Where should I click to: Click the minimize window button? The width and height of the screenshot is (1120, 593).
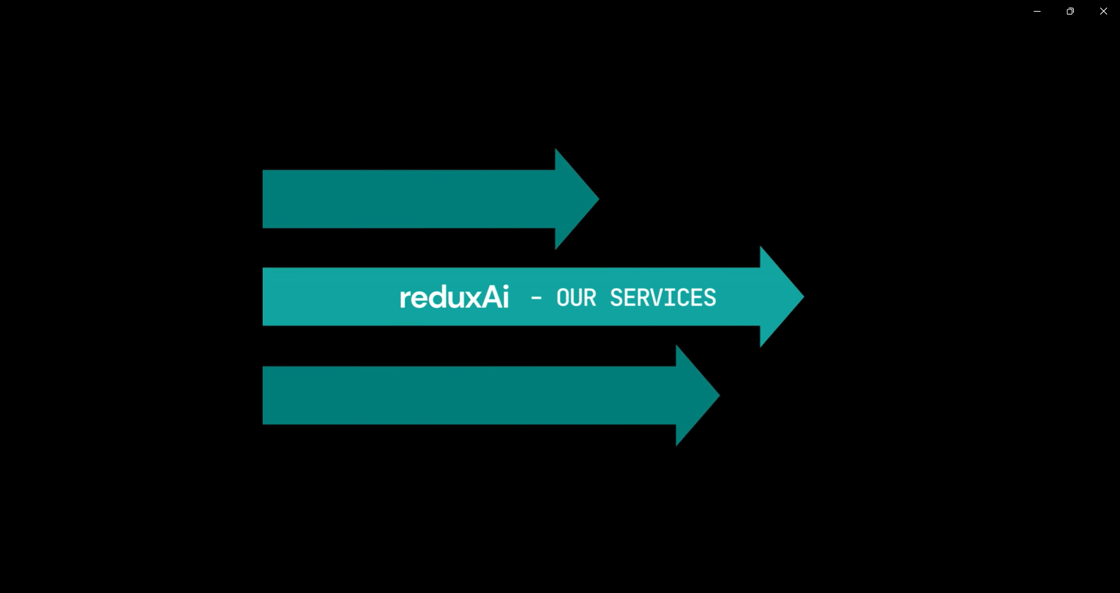1037,11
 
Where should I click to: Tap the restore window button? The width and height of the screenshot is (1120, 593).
1070,11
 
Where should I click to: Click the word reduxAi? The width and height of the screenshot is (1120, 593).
454,297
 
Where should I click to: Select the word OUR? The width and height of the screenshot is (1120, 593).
576,298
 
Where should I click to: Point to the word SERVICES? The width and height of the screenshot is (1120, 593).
662,298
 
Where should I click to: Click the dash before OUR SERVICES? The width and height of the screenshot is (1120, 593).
536,299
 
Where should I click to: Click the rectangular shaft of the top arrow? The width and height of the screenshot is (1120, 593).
409,199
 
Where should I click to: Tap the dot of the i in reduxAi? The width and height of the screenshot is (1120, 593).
505,287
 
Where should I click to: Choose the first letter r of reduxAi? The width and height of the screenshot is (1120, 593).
404,299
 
